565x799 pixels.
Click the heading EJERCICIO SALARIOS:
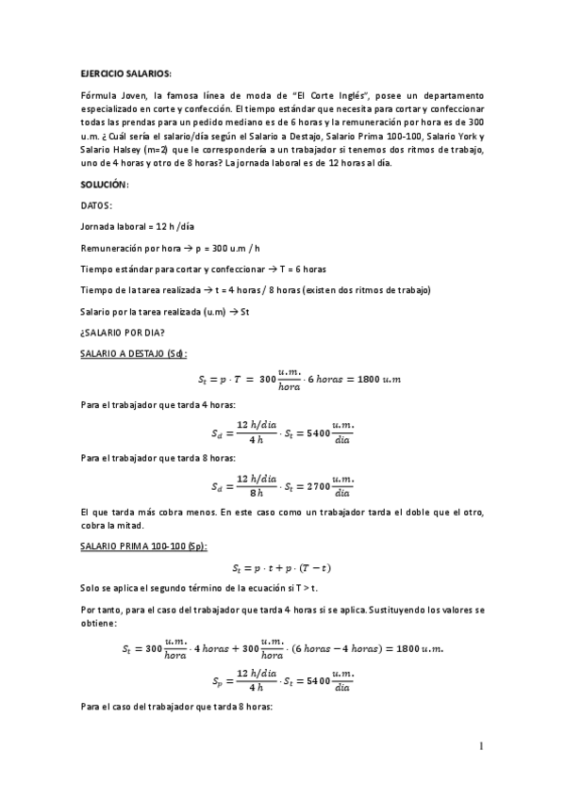coord(125,73)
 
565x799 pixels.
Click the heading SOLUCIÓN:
coord(104,184)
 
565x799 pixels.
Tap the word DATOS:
coord(97,204)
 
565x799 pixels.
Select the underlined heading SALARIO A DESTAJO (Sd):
coord(133,353)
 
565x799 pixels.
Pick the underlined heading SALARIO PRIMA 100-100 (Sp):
coord(143,546)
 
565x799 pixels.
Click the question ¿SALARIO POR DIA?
coord(125,332)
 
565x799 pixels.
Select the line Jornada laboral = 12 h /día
coord(138,226)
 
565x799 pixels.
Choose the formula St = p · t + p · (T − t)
coord(281,568)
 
